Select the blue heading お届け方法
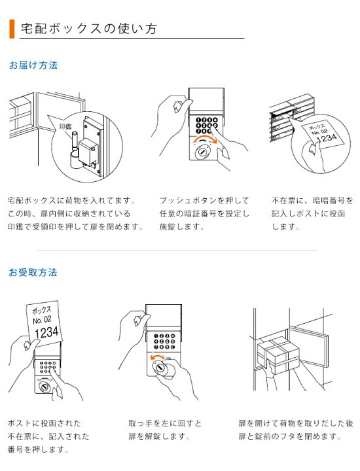click(33, 65)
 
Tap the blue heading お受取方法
click(33, 271)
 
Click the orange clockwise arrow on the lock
click(204, 142)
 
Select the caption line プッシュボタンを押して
click(204, 200)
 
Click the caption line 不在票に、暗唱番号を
click(312, 200)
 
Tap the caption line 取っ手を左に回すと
click(166, 423)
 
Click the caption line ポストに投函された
click(44, 423)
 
